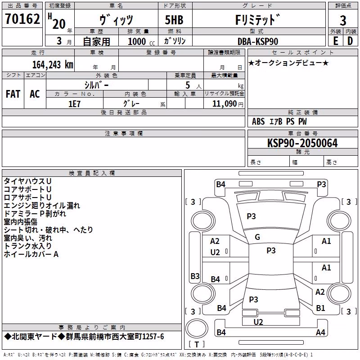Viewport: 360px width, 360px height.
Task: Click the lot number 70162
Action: [x=22, y=18]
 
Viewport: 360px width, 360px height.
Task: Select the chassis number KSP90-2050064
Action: [x=302, y=143]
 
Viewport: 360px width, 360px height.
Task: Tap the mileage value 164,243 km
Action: [x=53, y=65]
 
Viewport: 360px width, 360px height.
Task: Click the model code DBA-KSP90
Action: [x=258, y=41]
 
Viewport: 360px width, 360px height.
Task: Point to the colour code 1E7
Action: [x=74, y=104]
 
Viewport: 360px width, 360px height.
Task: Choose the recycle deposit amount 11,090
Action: [x=224, y=104]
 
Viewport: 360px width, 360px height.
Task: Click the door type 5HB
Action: [x=174, y=20]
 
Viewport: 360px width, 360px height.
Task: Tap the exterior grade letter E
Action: [x=335, y=41]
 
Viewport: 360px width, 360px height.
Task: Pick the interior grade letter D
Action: [x=350, y=41]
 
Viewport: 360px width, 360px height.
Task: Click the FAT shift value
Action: [x=13, y=94]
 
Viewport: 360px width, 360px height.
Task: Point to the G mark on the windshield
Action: [x=257, y=237]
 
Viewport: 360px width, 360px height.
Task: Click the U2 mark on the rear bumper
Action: [x=258, y=322]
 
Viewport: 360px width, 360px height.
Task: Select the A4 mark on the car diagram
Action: [x=320, y=332]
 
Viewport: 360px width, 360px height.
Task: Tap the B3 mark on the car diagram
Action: [x=195, y=276]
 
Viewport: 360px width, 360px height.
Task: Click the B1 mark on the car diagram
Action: [x=320, y=308]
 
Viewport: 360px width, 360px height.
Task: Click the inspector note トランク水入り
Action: [x=28, y=246]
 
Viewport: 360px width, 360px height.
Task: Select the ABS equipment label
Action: [x=258, y=121]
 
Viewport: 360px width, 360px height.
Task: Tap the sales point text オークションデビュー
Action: [x=288, y=63]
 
